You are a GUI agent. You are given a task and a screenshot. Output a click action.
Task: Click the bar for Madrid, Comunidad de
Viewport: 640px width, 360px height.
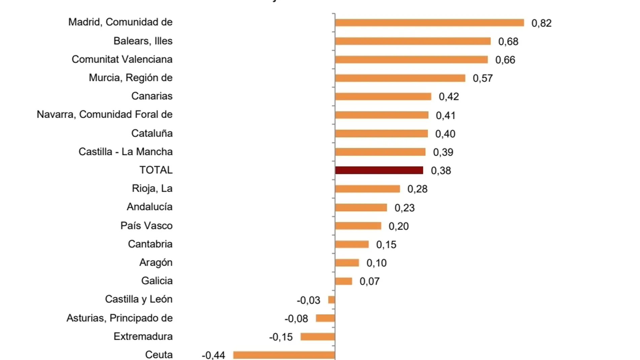(429, 23)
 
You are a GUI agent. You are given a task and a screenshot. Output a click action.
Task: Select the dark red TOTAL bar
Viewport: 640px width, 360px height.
(379, 170)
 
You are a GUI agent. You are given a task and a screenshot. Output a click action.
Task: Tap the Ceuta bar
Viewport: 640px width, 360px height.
(284, 355)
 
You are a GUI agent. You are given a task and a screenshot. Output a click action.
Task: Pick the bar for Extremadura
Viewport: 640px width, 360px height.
(318, 336)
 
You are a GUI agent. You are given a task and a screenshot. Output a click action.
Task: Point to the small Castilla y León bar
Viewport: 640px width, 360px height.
(331, 299)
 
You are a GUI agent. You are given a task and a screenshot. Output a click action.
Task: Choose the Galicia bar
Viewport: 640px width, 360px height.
(344, 281)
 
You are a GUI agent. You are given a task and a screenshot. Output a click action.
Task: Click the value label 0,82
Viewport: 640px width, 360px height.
(541, 23)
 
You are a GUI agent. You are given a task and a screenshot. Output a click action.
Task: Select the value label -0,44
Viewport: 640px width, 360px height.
(213, 355)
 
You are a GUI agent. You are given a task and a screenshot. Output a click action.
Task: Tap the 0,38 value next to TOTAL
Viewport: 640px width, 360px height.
(441, 171)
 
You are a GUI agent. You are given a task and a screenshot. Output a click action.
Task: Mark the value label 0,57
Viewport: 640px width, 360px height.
(483, 78)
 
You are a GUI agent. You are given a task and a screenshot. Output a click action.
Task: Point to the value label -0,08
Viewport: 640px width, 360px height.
(296, 319)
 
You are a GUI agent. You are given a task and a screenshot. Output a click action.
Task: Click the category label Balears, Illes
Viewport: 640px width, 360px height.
(143, 41)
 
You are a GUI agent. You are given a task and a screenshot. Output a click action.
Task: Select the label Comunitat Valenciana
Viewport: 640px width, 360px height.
(122, 59)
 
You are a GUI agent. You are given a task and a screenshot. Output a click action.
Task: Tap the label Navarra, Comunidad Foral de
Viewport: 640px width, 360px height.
(104, 114)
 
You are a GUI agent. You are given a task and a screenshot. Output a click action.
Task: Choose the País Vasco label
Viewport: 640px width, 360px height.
(146, 226)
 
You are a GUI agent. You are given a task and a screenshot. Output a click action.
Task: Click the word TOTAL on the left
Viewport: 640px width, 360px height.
(156, 170)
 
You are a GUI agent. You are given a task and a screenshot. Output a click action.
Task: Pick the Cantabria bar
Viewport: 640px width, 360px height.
(352, 244)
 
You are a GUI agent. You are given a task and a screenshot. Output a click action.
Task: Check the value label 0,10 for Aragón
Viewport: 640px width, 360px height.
(376, 263)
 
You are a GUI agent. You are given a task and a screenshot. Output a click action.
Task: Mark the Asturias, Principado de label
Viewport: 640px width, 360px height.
(119, 318)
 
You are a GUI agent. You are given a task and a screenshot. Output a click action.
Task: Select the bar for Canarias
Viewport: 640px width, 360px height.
(383, 96)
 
